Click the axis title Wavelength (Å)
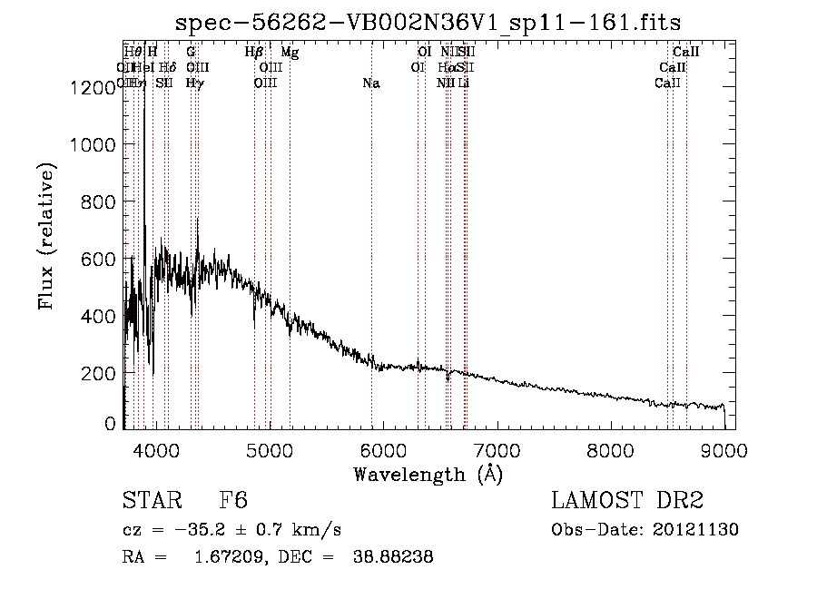click(428, 474)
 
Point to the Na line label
click(370, 83)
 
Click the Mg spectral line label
click(290, 53)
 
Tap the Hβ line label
click(254, 53)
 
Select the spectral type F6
click(233, 502)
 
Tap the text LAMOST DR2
click(626, 502)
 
